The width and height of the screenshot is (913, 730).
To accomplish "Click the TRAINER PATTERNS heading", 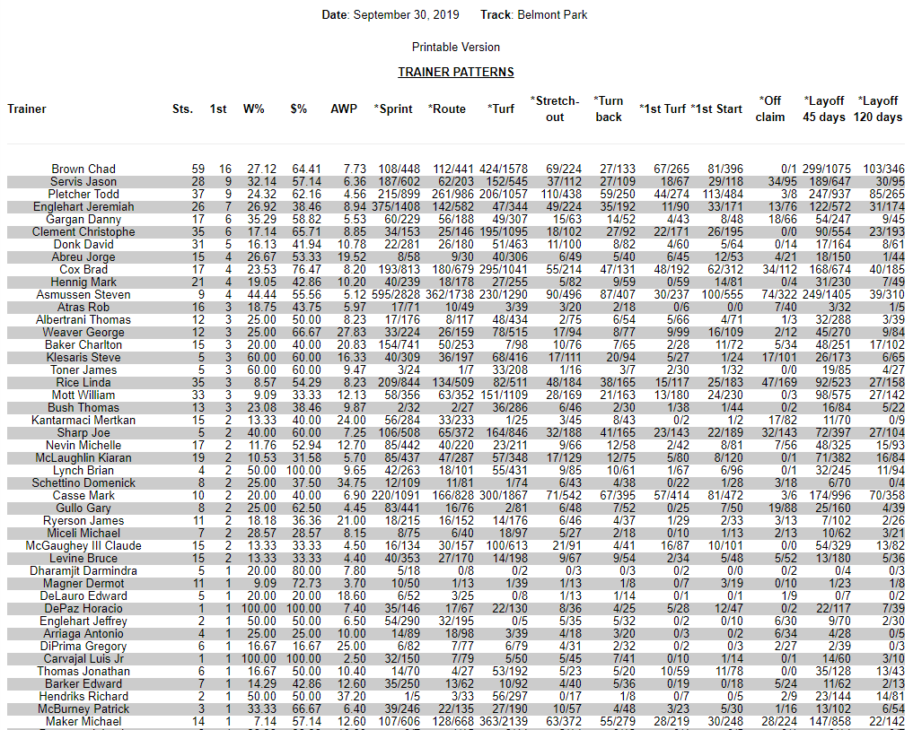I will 456,72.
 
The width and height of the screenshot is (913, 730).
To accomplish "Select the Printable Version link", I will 456,47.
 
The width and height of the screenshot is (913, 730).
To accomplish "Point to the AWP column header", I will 344,109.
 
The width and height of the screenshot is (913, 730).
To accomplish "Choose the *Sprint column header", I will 393,109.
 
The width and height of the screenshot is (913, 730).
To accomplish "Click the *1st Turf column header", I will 663,109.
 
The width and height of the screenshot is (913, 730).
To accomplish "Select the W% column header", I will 254,109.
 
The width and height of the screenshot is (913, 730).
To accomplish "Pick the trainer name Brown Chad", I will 83,169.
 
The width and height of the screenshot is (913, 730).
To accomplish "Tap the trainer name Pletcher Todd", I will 83,194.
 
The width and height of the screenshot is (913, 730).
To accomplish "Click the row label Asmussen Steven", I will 83,294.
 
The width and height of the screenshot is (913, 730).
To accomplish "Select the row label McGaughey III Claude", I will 83,545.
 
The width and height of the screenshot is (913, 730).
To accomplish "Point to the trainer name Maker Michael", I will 83,721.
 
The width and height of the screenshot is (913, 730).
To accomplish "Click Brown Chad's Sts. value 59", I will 198,169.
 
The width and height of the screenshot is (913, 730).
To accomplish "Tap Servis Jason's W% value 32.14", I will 261,181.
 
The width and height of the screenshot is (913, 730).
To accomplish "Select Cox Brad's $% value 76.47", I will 305,269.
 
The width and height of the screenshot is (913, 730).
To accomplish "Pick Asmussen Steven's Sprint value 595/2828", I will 397,294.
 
